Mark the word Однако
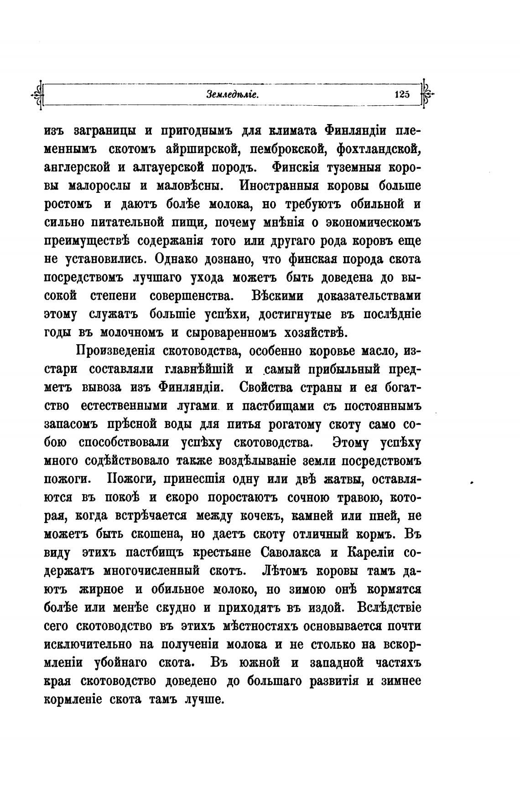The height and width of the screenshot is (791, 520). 179,259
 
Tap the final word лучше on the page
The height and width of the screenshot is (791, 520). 204,699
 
